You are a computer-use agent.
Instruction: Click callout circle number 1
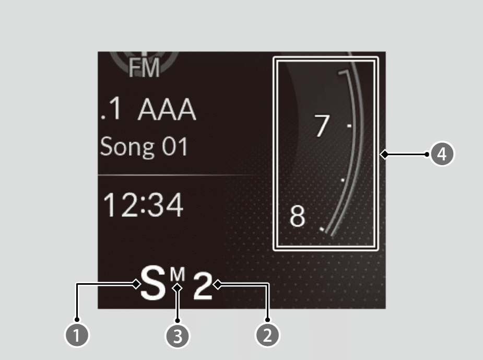(x=77, y=334)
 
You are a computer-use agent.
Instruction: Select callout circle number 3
(x=178, y=335)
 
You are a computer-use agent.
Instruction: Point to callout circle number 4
(x=442, y=154)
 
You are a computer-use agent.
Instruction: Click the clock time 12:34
(x=143, y=205)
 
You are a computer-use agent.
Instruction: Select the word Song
(x=126, y=147)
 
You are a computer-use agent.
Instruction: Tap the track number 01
(x=173, y=147)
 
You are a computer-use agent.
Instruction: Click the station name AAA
(x=167, y=110)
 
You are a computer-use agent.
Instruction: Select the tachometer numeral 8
(x=297, y=216)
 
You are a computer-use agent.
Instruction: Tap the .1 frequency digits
(x=111, y=110)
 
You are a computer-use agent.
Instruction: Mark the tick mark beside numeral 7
(x=349, y=126)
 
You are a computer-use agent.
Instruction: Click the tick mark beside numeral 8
(x=322, y=228)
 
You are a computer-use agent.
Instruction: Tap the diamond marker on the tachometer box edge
(x=384, y=154)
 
